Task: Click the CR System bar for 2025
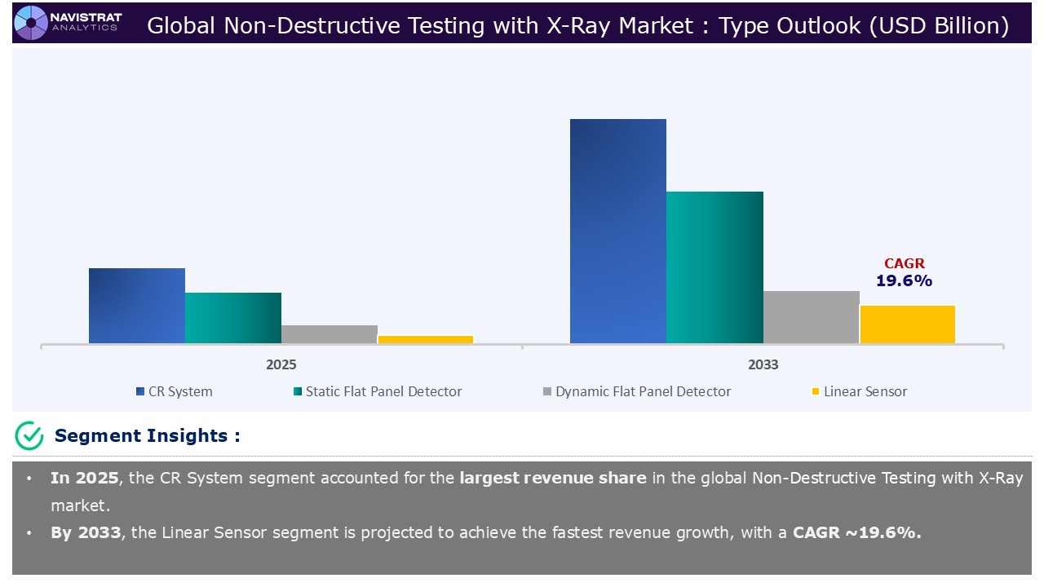137,306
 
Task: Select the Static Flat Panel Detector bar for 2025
233,318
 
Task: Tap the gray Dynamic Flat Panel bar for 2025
330,334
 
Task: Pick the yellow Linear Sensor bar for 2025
426,339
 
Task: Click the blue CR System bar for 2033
618,232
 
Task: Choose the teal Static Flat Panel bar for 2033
714,267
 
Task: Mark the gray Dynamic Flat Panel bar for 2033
812,317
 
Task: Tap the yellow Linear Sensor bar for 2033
908,324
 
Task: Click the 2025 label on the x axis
281,364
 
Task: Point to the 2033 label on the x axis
763,364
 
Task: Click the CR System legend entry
174,391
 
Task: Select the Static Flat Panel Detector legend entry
377,391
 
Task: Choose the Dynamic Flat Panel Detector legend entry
636,391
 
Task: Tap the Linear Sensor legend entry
859,391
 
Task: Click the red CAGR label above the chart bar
905,263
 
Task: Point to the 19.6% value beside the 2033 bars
904,281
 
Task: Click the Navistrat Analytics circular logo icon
31,22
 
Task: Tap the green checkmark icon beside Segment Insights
29,436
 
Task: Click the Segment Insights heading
147,436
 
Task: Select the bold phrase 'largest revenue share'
552,479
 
